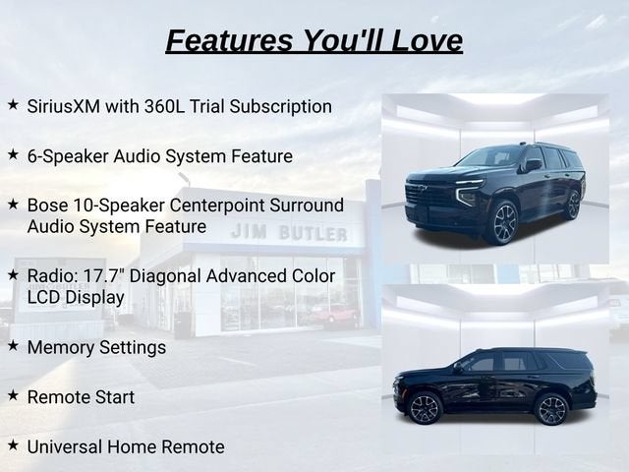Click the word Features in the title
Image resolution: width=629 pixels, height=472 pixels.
coord(229,40)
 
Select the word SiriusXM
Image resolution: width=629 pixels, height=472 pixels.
coord(63,106)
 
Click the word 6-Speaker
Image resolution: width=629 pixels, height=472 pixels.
coord(68,156)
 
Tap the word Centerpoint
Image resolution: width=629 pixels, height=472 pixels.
coord(216,206)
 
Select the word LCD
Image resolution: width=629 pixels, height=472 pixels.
coord(43,297)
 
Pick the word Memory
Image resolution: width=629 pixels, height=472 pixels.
coord(61,347)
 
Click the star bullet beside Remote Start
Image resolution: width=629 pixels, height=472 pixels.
coord(13,395)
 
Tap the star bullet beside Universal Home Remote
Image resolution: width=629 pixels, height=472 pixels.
coord(13,444)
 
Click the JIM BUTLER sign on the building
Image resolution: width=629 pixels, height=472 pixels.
coord(289,233)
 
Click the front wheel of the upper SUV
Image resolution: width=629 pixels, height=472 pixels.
coord(504,223)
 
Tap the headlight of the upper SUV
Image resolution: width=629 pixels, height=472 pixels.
coord(468,194)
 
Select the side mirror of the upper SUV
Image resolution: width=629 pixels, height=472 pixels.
coord(533,165)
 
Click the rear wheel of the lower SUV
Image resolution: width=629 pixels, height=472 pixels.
coord(552,409)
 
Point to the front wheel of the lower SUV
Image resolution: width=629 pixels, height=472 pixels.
coord(425,408)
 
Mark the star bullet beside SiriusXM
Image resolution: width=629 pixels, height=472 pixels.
coord(13,105)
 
